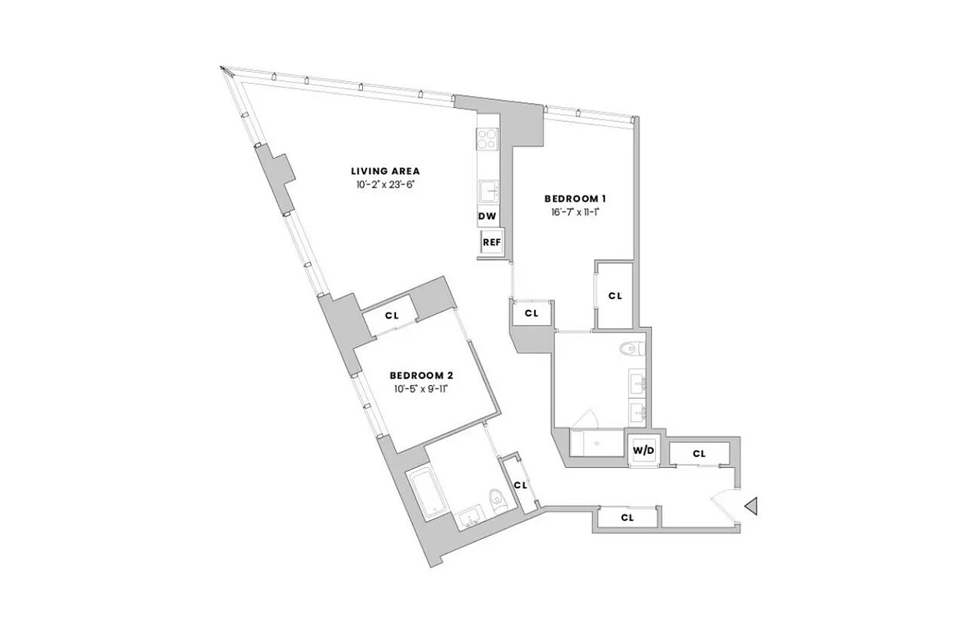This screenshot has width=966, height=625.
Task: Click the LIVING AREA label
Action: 385,171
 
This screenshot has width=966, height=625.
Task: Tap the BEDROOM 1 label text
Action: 575,199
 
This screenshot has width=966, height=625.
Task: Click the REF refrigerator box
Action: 492,242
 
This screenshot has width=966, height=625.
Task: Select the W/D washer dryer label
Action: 643,451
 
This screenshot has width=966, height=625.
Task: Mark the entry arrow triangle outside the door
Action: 751,507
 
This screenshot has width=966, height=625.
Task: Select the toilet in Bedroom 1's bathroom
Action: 629,349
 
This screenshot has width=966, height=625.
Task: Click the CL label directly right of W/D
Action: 699,454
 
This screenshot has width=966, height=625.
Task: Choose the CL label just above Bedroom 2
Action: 392,316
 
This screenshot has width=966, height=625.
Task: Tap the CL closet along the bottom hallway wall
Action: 627,517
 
